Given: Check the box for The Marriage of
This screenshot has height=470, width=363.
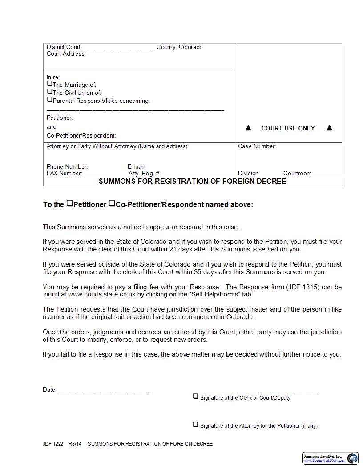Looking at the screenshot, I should [50, 84].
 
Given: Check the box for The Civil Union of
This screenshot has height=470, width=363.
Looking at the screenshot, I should [50, 92].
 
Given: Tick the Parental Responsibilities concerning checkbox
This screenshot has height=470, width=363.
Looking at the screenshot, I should [50, 100].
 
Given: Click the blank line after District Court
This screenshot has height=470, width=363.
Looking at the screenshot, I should [118, 48].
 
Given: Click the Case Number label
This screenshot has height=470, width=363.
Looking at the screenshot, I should [257, 146].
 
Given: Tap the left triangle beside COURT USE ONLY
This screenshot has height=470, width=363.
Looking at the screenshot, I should [249, 128].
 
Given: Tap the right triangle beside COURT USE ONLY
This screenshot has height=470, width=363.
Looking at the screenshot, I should [330, 128].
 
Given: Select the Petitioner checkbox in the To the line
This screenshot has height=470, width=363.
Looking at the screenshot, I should [70, 203].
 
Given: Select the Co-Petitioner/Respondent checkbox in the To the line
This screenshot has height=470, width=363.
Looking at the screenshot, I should [112, 203].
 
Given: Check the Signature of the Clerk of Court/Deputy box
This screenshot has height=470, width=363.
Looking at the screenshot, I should [195, 396].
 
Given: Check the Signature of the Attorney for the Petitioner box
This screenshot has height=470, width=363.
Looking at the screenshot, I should [195, 424].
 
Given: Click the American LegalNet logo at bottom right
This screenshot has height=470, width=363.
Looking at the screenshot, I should [352, 458].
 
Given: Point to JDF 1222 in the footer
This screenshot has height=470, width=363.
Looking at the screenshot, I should [53, 444].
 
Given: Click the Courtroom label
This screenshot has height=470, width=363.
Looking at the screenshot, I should [297, 173].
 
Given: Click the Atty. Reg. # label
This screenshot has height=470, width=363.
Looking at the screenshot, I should [144, 173].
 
